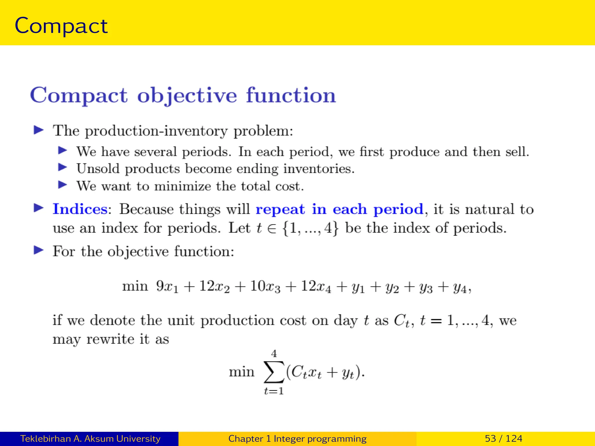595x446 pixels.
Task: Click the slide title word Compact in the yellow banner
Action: point(61,26)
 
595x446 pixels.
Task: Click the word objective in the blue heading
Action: point(187,95)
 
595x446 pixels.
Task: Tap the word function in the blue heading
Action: point(291,95)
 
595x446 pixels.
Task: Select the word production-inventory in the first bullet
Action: point(156,131)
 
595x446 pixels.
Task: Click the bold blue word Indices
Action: point(80,209)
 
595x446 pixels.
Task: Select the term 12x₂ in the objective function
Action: point(214,286)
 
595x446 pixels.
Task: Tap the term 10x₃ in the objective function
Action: point(265,286)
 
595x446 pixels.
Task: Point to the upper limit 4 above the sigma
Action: point(274,354)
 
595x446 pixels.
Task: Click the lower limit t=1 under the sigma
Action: point(274,391)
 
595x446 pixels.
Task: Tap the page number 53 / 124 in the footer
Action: point(503,438)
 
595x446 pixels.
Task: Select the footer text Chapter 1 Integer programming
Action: point(297,438)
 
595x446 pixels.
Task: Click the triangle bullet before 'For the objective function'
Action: point(39,250)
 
